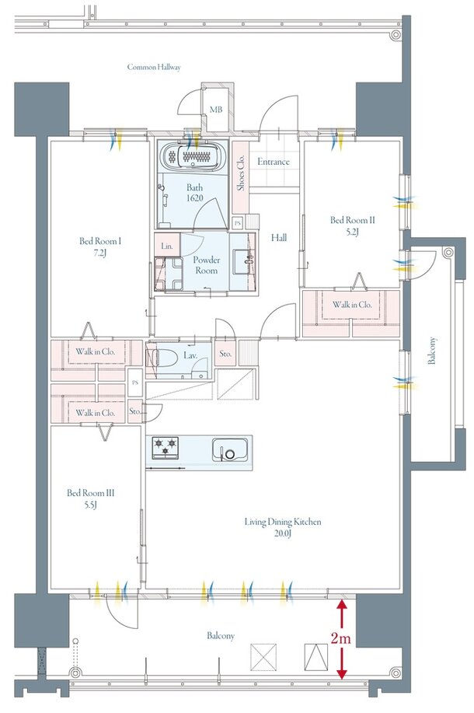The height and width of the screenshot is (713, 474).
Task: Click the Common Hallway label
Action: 154,68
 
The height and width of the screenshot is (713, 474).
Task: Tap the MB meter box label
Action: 216,110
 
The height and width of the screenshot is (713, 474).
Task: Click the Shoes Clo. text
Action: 241,173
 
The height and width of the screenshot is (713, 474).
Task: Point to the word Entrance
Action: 273,162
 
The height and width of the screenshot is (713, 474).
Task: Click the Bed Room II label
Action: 352,220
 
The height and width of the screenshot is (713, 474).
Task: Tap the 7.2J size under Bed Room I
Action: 99,253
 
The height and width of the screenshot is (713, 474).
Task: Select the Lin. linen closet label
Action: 167,246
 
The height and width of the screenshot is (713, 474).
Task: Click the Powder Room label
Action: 207,265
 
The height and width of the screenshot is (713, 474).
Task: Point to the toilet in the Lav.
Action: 166,358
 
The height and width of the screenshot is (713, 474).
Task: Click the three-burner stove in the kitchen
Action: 166,447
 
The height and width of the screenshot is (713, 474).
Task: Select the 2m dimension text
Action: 340,638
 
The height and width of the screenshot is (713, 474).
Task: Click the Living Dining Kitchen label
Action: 283,522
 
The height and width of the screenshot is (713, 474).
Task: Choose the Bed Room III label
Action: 90,493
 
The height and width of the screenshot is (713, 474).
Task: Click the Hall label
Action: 279,237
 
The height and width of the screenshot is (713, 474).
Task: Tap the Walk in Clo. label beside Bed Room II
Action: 352,305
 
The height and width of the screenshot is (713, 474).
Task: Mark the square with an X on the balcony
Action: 263,657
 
